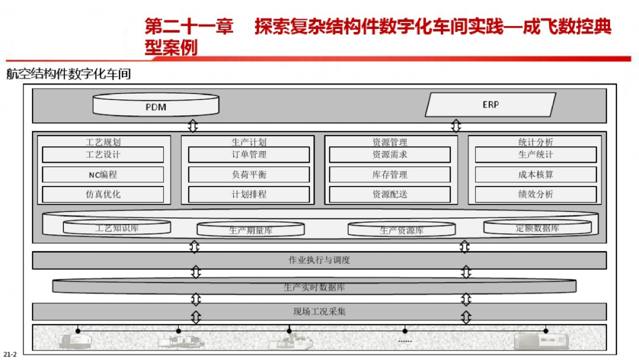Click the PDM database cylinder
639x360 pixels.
click(x=156, y=107)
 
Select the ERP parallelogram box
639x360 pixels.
click(x=490, y=105)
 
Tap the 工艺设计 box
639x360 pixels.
click(x=103, y=155)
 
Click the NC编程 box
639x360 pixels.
click(x=103, y=175)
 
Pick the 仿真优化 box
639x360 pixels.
click(x=103, y=194)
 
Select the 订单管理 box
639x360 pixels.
click(x=249, y=155)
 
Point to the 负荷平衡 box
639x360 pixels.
click(x=249, y=175)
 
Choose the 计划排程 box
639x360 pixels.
click(x=249, y=194)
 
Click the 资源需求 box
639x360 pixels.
click(x=390, y=155)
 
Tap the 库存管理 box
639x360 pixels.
click(x=390, y=175)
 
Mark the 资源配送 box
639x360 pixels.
click(x=390, y=194)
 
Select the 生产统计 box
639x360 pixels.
click(x=535, y=155)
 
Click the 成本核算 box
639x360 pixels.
click(x=535, y=175)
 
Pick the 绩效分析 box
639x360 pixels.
click(x=535, y=194)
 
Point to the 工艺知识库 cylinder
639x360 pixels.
click(x=117, y=228)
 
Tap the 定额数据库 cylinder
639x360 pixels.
click(x=537, y=228)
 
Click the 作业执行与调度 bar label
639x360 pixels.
click(x=319, y=261)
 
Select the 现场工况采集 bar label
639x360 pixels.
click(x=319, y=311)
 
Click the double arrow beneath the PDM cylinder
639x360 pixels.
click(x=193, y=126)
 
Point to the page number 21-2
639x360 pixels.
click(x=10, y=354)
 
